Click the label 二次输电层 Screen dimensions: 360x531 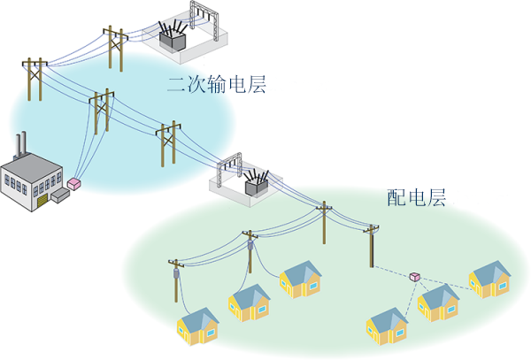click(217, 87)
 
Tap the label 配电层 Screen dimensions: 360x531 click(417, 196)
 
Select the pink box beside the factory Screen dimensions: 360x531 click(75, 184)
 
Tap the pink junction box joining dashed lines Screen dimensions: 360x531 click(414, 277)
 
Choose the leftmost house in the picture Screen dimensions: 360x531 click(199, 326)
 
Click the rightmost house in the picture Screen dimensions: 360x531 click(490, 278)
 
